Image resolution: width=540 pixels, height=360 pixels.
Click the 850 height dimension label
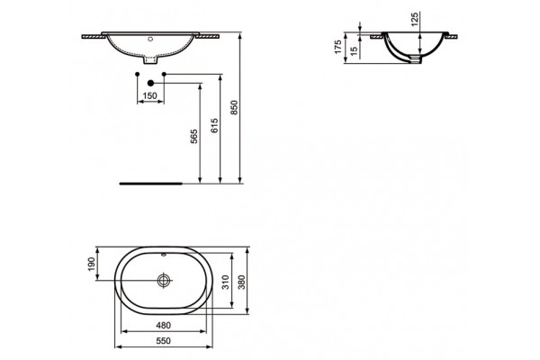(234, 107)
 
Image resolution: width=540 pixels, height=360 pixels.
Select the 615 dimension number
(214, 126)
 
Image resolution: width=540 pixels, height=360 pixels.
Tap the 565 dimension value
(194, 137)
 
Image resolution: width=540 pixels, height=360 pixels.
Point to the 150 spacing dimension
(149, 95)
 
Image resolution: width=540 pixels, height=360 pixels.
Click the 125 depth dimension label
(415, 19)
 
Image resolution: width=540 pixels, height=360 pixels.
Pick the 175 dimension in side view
(338, 47)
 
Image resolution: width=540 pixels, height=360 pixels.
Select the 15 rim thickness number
(354, 51)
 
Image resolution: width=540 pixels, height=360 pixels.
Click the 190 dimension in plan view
(91, 264)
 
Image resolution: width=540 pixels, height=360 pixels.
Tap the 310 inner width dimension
(225, 282)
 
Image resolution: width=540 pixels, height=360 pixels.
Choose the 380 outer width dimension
(242, 282)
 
